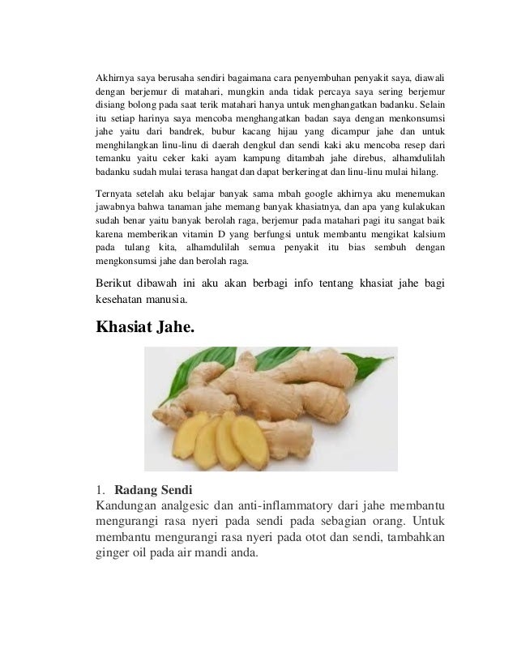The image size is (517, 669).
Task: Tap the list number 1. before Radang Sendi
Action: point(100,490)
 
